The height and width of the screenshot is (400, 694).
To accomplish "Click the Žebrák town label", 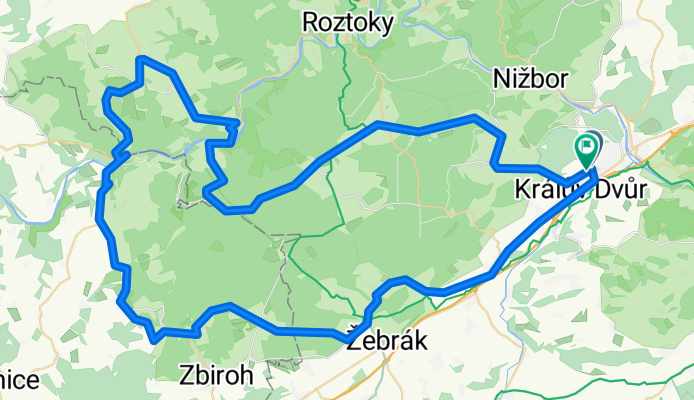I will coord(387,341).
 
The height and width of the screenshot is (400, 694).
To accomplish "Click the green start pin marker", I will coord(586,151).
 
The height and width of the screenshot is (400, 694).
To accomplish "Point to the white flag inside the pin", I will coord(586,148).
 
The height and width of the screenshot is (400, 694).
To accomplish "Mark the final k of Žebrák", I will coord(422,341).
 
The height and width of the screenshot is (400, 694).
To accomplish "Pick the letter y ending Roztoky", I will coord(387,22).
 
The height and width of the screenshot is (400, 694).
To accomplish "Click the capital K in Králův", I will coord(521,189).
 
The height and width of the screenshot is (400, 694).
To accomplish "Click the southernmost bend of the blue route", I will coord(156,339).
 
